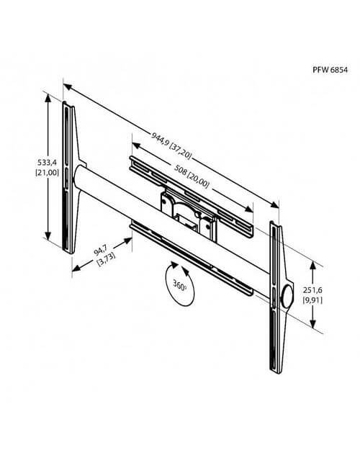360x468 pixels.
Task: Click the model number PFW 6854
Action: tap(330, 70)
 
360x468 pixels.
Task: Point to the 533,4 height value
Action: tap(48, 163)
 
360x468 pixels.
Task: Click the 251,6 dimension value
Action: tap(312, 290)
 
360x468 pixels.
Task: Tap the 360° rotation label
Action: tap(180, 286)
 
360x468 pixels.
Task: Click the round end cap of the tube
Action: tap(287, 297)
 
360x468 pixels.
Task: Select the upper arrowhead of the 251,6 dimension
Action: tap(312, 266)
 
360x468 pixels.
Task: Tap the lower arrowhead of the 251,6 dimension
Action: tap(312, 324)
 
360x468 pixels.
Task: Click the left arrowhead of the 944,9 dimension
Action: tap(68, 86)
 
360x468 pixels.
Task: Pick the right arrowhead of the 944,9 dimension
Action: tap(274, 204)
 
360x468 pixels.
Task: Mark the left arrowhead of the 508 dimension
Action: tap(136, 145)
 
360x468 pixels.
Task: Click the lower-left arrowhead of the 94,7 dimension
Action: tap(76, 268)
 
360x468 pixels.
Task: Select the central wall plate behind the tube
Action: tap(188, 213)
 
